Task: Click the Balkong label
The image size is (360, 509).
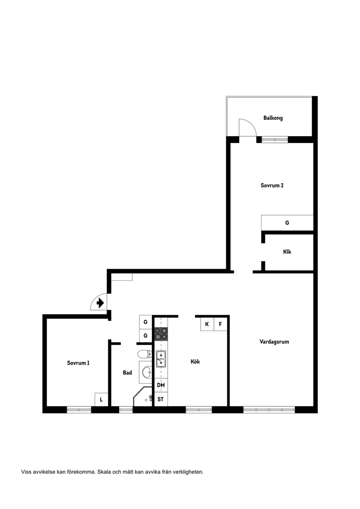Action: pos(273,118)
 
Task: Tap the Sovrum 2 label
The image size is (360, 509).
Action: pos(272,185)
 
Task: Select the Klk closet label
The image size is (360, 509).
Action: pos(287,252)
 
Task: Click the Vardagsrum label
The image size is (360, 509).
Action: pos(274,342)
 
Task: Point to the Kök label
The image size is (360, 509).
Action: pos(195,362)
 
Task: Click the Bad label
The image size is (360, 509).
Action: pos(127,372)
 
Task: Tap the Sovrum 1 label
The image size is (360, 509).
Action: pos(78,363)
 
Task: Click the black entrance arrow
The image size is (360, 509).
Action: pos(100,302)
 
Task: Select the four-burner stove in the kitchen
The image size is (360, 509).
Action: pos(161,334)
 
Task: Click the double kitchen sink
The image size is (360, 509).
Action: pos(161,358)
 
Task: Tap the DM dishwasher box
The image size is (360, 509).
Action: pos(161,385)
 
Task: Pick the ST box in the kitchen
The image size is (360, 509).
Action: pos(161,399)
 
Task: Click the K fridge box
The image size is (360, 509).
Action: pos(207,324)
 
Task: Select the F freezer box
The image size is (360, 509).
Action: pos(220,324)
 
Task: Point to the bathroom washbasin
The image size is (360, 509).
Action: pos(147,372)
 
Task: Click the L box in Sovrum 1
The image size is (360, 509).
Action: pos(101,399)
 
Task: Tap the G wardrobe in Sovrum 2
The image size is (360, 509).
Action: pos(287,222)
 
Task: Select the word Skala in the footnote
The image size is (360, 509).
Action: pos(104,471)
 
